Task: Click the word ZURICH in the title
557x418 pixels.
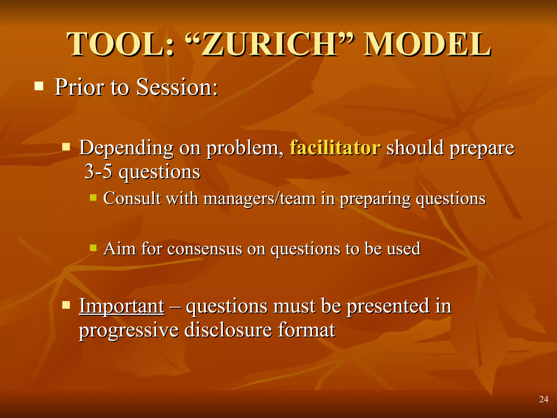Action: [269, 44]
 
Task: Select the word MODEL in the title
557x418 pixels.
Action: [427, 44]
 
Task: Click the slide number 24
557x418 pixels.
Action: [544, 399]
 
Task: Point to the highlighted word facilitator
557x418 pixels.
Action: [335, 148]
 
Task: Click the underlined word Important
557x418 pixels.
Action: [122, 306]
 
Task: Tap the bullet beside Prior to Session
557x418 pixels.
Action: [39, 86]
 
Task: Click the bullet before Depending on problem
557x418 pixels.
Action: [66, 147]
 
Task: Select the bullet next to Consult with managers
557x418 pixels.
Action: [93, 197]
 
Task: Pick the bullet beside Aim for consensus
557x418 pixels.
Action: [93, 248]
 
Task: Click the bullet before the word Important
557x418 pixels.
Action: [66, 305]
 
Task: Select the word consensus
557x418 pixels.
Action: [205, 249]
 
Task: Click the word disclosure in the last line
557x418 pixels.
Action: [228, 330]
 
